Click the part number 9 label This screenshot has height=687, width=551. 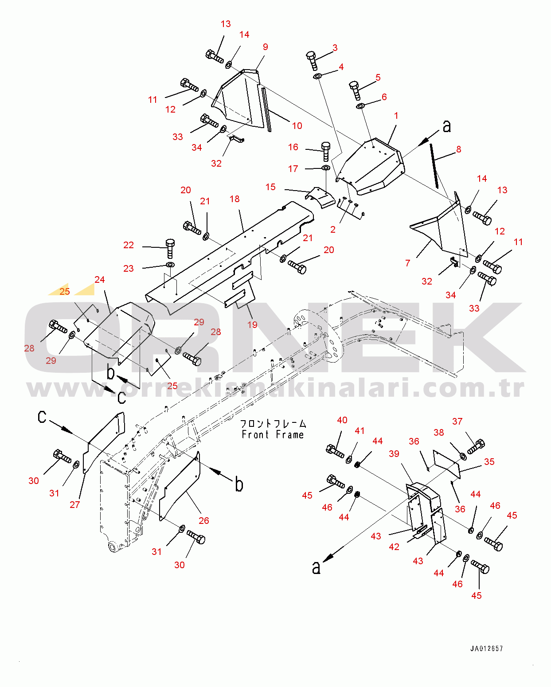(265, 47)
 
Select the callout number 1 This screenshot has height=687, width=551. (396, 116)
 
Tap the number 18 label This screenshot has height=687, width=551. (234, 199)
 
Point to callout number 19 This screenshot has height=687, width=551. (252, 324)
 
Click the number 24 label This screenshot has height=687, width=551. (99, 280)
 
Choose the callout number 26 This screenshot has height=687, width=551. (203, 520)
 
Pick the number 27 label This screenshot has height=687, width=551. (75, 504)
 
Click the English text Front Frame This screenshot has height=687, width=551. (273, 435)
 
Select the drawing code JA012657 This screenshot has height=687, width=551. (486, 648)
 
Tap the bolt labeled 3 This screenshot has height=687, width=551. (312, 60)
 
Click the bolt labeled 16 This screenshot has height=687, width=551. (325, 151)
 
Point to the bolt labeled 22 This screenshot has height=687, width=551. (170, 248)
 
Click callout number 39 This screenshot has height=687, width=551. (394, 453)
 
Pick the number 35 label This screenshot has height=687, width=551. (489, 461)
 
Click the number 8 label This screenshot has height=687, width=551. (458, 149)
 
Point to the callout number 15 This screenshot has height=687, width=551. (270, 187)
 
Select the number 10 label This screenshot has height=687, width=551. (297, 126)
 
